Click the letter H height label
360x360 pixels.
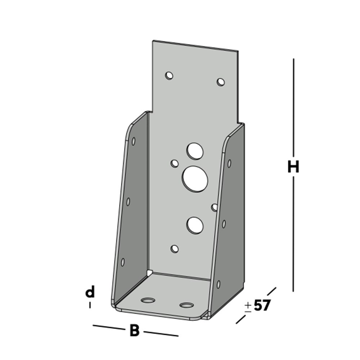pos(293,167)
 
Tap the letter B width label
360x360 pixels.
pos(134,330)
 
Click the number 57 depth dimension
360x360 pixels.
pos(262,306)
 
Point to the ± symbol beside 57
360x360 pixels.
pos(248,306)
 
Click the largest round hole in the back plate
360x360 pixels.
pos(195,179)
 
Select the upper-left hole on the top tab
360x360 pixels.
pos(169,76)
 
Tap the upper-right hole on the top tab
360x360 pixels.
pos(221,82)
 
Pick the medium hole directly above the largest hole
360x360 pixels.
pos(194,151)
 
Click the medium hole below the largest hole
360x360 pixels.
pos(195,225)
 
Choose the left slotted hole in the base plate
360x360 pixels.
pos(148,300)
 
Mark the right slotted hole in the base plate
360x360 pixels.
pos(186,305)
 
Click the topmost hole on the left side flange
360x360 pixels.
pos(134,141)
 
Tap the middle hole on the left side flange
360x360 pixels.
pos(128,202)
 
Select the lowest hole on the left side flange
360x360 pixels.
pos(122,262)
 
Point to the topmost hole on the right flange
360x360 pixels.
pos(229,163)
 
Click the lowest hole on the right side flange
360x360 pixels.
pos(219,284)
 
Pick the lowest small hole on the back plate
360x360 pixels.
pos(175,248)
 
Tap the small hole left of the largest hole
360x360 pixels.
pos(175,164)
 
